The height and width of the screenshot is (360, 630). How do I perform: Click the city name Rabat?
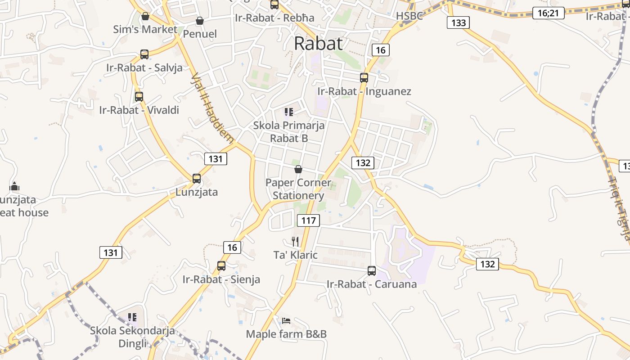(318, 44)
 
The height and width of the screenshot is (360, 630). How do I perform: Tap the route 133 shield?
(458, 22)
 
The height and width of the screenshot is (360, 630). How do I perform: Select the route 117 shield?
(308, 220)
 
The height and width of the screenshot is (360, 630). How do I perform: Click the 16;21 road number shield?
(548, 13)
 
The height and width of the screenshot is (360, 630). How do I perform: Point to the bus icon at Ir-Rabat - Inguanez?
(364, 77)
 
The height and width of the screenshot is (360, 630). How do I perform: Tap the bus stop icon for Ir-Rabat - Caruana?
(372, 270)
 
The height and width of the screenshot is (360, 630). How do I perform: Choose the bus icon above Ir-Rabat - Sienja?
(221, 265)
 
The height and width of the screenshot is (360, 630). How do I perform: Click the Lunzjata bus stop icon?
(197, 178)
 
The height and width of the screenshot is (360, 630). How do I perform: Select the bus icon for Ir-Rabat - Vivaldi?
(139, 96)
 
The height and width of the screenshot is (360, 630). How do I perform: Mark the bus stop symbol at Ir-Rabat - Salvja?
(144, 54)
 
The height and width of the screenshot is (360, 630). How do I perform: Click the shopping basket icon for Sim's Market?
(145, 16)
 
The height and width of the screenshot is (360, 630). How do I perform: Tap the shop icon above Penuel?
(200, 21)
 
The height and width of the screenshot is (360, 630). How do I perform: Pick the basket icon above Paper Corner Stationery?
(298, 169)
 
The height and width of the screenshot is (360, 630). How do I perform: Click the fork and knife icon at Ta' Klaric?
(295, 242)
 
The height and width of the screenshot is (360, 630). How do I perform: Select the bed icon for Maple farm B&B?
(286, 321)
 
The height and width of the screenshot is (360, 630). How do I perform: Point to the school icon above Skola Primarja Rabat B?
(289, 112)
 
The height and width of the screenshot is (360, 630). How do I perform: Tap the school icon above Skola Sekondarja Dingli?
(132, 317)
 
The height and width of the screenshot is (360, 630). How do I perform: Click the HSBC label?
(409, 16)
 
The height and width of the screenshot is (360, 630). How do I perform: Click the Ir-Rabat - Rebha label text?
(274, 18)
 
